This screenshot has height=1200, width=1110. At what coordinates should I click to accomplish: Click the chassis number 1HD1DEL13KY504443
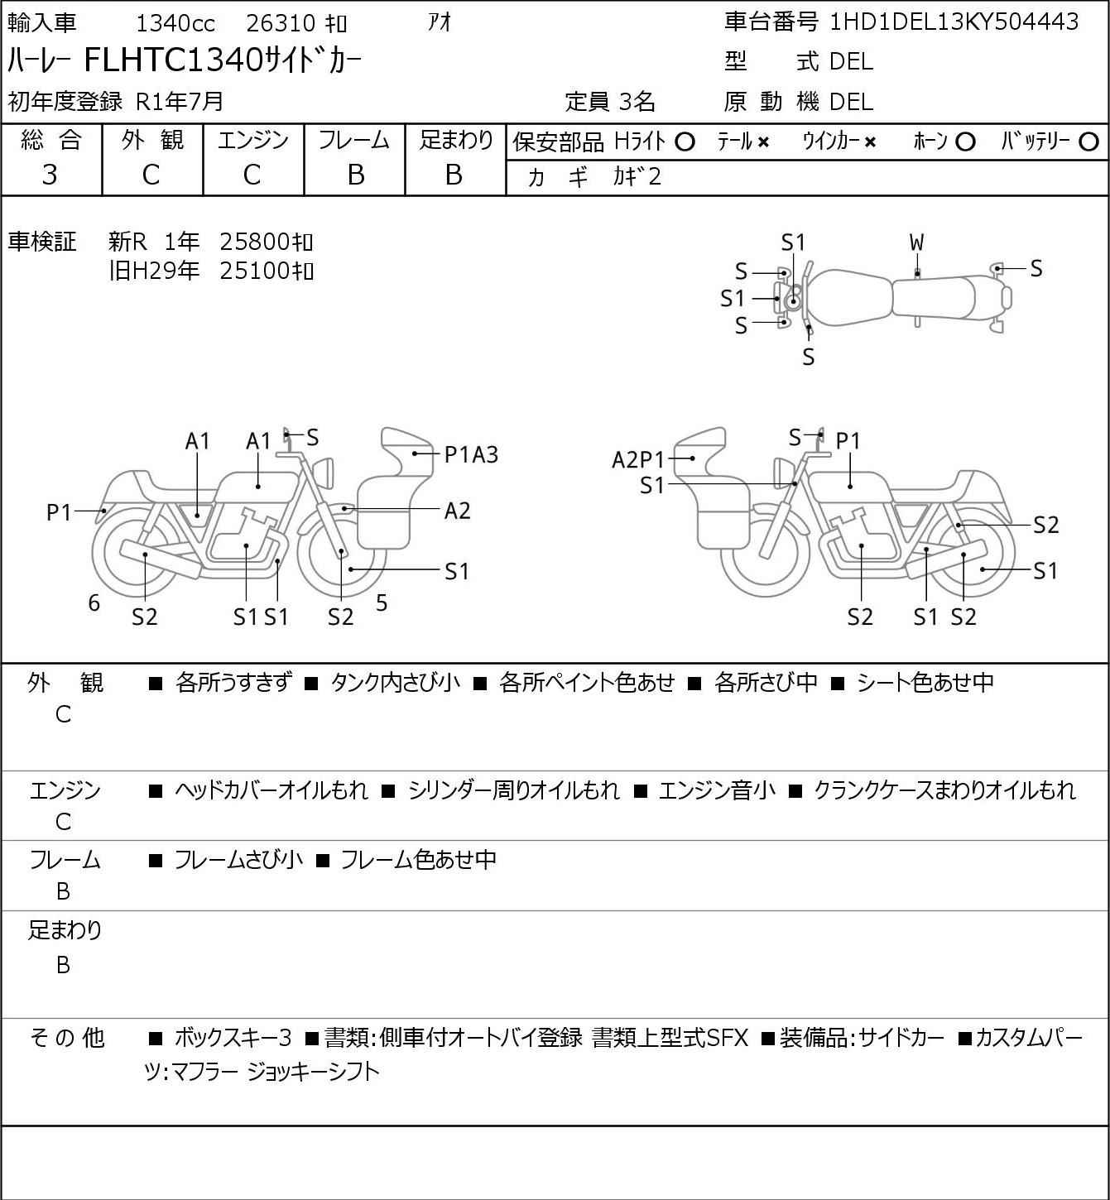click(x=954, y=22)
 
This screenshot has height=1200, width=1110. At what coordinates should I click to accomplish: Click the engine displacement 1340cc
click(x=175, y=22)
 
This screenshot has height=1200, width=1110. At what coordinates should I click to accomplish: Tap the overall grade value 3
click(x=50, y=175)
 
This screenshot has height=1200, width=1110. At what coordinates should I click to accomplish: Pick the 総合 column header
click(x=50, y=141)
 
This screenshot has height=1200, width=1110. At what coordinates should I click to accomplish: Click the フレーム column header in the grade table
click(x=354, y=141)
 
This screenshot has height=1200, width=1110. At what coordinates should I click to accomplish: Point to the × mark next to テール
click(x=763, y=142)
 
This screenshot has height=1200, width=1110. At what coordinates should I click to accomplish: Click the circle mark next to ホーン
click(x=965, y=142)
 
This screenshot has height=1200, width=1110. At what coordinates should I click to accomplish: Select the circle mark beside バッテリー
click(x=1089, y=142)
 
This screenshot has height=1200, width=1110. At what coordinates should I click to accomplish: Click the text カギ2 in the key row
click(x=637, y=177)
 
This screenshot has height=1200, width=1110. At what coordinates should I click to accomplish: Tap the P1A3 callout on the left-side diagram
click(x=471, y=454)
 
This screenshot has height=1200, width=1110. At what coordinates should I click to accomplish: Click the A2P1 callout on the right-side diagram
click(x=638, y=459)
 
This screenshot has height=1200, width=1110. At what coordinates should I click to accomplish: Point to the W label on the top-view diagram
click(x=916, y=242)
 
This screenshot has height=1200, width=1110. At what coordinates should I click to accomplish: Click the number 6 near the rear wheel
click(x=94, y=603)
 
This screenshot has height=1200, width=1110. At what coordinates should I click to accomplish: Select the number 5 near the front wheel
click(x=382, y=603)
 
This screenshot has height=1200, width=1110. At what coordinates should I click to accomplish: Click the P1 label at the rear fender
click(x=59, y=513)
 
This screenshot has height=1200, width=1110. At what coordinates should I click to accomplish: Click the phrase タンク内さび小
click(x=395, y=683)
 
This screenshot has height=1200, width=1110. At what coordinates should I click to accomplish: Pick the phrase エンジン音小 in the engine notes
click(x=717, y=790)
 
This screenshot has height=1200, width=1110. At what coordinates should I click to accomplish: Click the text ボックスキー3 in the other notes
click(x=233, y=1038)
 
